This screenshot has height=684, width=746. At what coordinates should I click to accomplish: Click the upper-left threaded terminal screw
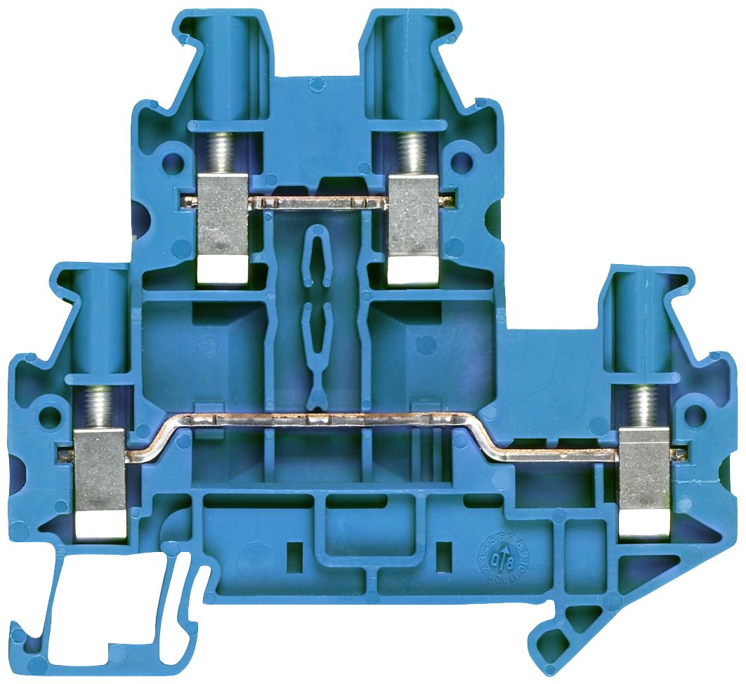point(223,154)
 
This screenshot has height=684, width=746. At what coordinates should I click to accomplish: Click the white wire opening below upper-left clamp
point(223,270)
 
